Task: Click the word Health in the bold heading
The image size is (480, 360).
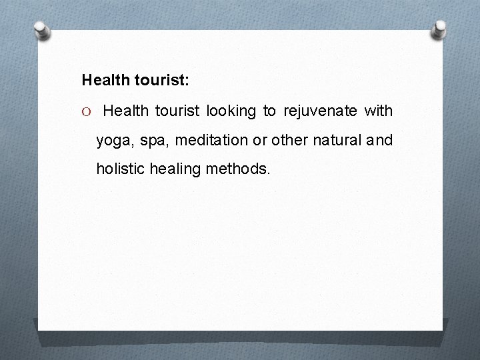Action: pyautogui.click(x=103, y=81)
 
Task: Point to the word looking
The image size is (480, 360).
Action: pyautogui.click(x=231, y=111)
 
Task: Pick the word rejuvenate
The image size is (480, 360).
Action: pyautogui.click(x=320, y=111)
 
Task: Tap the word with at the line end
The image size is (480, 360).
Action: pyautogui.click(x=378, y=111)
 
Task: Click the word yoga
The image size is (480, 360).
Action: pyautogui.click(x=114, y=141)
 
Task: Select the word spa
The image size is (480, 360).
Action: pyautogui.click(x=153, y=141)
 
